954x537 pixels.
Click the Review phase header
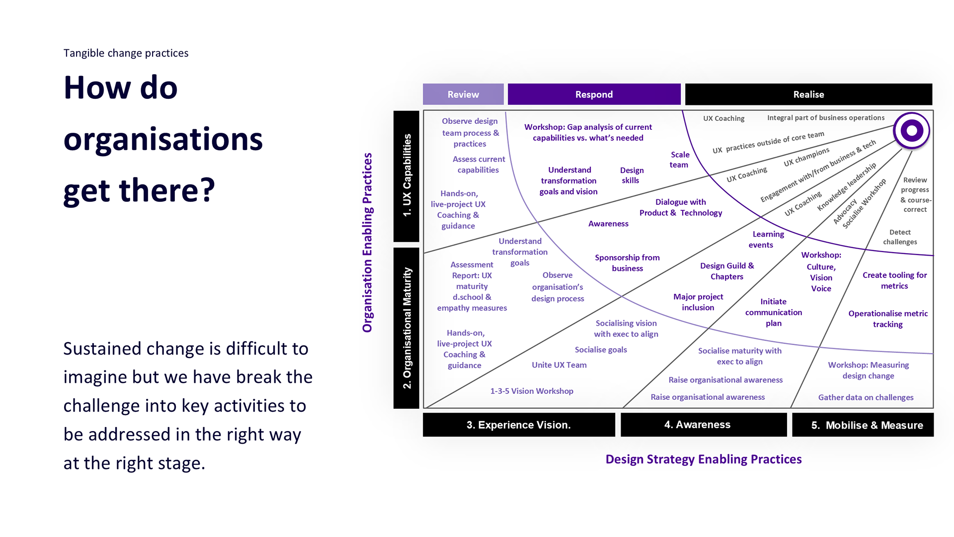tap(463, 94)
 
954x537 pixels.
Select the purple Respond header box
tap(594, 94)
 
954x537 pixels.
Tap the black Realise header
tap(808, 94)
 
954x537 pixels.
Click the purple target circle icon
tap(911, 131)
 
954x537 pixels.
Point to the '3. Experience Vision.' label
tap(518, 425)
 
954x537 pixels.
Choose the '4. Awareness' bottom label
tap(697, 425)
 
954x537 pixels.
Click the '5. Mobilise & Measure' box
tap(867, 425)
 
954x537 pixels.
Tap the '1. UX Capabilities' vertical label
tap(407, 176)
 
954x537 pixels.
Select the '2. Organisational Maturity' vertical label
tap(407, 328)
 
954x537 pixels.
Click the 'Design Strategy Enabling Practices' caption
tap(703, 459)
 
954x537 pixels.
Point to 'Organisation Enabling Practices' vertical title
tap(367, 243)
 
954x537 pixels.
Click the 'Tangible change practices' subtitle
tap(126, 53)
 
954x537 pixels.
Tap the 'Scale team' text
tap(679, 160)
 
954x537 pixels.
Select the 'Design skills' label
tap(631, 175)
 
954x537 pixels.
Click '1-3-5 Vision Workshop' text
tap(532, 391)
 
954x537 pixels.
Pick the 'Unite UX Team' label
tap(559, 365)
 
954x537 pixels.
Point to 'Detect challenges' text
tap(900, 237)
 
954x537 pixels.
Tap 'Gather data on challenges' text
tap(866, 397)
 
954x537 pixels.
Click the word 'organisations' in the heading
tap(163, 139)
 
